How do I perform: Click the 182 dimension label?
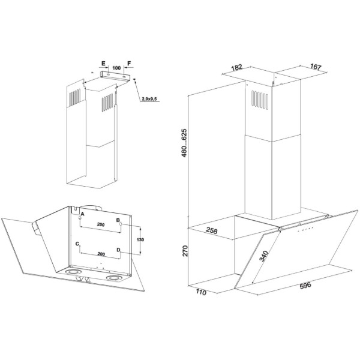coord(237,67)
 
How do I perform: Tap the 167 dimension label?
coord(316,67)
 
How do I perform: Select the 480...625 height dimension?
coord(184,143)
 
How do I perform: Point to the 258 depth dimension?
coord(211,230)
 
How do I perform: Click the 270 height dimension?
coord(185,251)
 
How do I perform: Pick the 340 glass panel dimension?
coord(263,256)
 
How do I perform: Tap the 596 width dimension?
coord(305,285)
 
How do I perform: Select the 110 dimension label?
coord(201,292)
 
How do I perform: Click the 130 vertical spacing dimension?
coord(140,239)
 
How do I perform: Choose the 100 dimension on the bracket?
coord(116,68)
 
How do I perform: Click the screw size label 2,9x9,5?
coord(149,99)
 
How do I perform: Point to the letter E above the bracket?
coord(103,64)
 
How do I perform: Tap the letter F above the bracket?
coord(129,63)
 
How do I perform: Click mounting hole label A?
coord(83,214)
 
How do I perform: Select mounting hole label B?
coord(118,220)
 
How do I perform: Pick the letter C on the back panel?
coord(77,244)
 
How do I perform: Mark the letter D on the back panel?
coord(118,250)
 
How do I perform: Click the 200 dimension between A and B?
coord(101,224)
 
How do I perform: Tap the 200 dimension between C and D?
coord(101,254)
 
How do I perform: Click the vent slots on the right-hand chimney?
coord(260,100)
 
